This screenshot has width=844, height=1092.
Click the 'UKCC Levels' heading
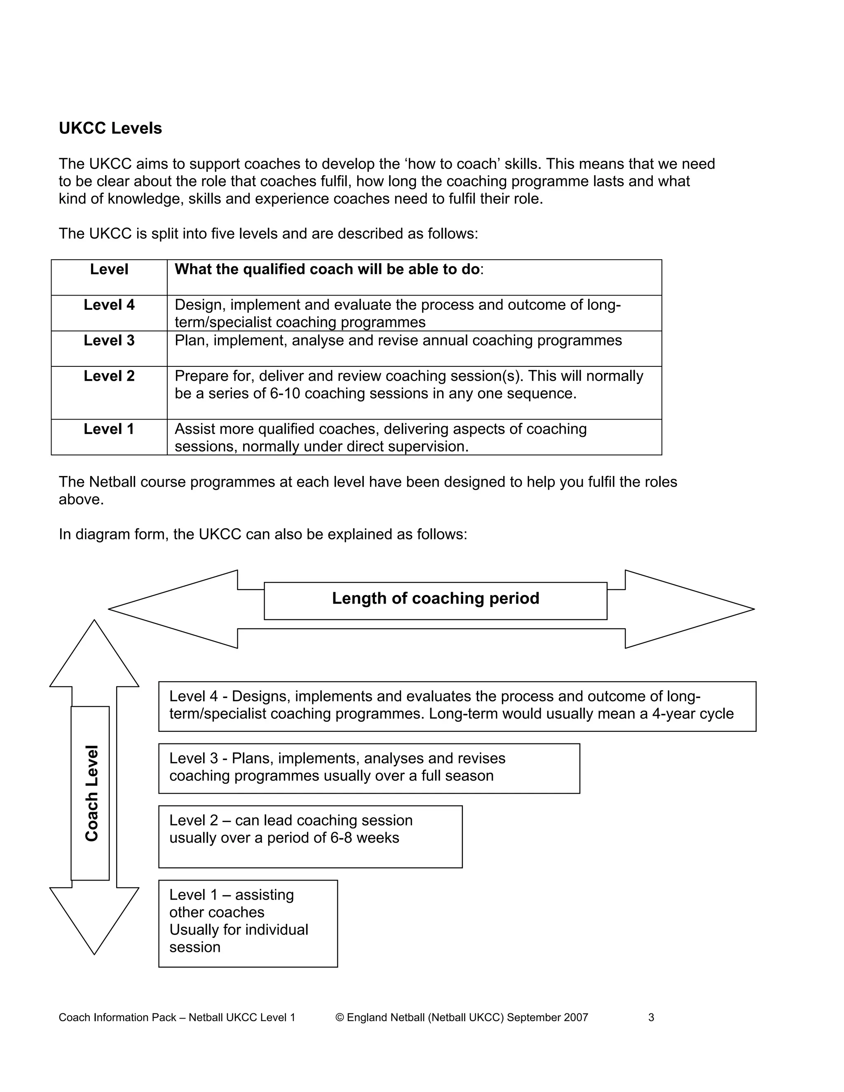click(110, 129)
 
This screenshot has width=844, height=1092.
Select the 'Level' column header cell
click(109, 269)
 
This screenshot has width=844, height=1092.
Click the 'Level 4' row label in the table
click(109, 305)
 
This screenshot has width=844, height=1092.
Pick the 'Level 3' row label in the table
click(109, 340)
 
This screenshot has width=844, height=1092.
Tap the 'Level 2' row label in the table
click(109, 376)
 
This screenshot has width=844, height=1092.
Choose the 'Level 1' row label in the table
click(109, 429)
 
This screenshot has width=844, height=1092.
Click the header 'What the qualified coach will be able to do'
click(328, 269)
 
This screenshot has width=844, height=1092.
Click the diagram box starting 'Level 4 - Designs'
click(457, 706)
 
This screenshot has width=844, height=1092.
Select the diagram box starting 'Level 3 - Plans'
click(368, 768)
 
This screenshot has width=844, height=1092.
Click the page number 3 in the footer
click(651, 1017)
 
